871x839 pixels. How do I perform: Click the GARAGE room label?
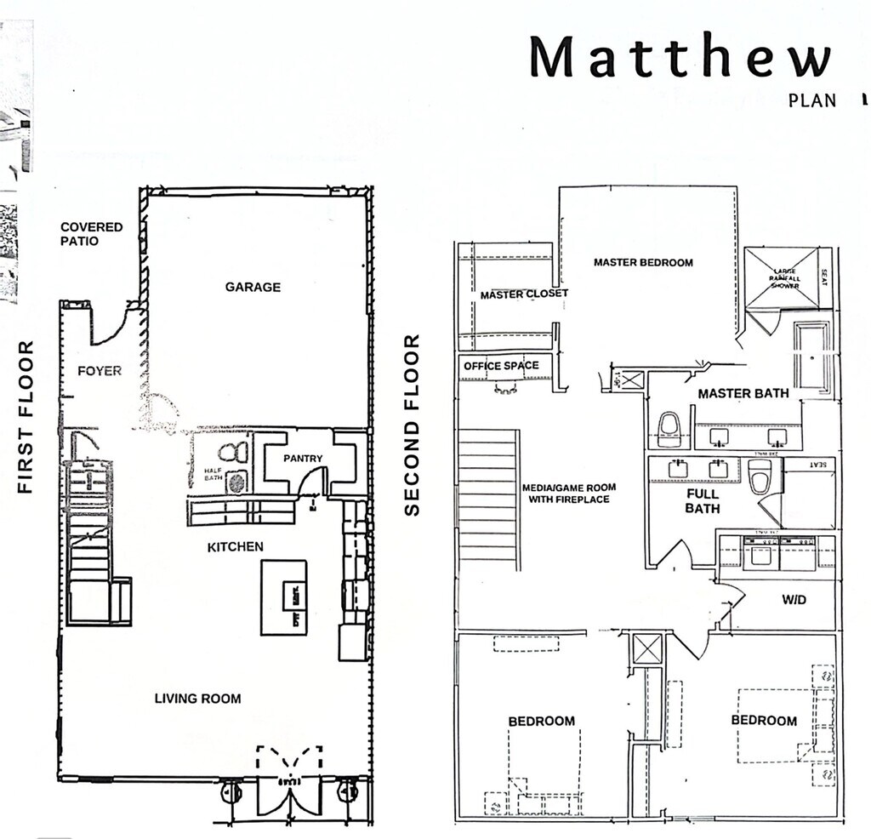coord(253,288)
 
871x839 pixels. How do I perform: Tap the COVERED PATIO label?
coord(91,234)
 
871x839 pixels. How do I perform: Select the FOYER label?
coord(100,371)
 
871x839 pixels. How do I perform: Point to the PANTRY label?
coord(304,459)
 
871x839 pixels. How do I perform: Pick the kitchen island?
coord(283,596)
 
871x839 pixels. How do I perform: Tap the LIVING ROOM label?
coord(197,699)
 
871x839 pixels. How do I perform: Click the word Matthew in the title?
coord(679,58)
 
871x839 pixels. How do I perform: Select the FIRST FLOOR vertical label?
coord(26,417)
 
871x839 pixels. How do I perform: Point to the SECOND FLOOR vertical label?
coord(413,425)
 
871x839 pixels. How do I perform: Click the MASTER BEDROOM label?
coord(643,262)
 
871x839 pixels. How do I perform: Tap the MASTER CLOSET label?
coord(512,294)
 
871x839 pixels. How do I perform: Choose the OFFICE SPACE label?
coord(501,366)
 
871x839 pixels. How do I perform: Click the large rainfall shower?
coord(783,277)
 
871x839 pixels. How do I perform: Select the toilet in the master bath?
coord(669,427)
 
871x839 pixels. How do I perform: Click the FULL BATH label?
coord(703,500)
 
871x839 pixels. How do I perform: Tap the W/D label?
coord(794,599)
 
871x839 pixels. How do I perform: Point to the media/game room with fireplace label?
coord(569,494)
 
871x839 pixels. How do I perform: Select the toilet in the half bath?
coord(231,453)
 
